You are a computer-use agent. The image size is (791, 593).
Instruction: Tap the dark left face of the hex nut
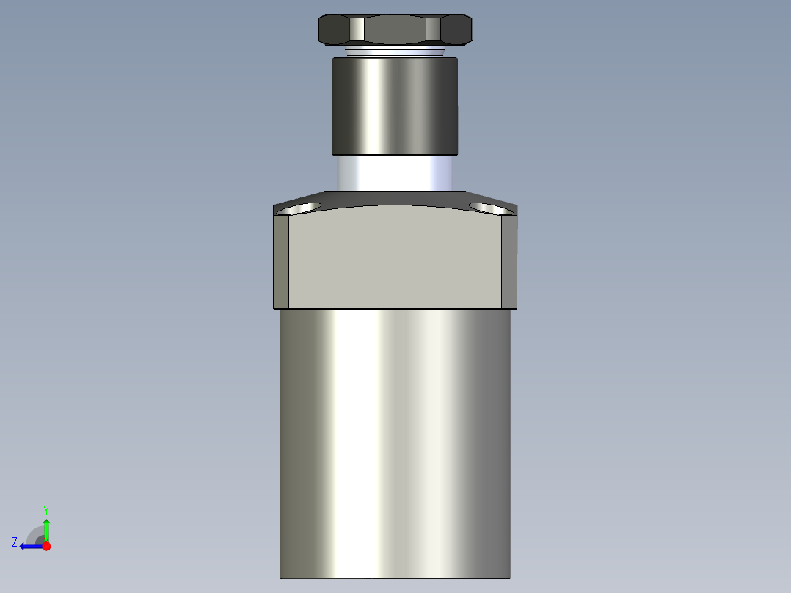pos(334,29)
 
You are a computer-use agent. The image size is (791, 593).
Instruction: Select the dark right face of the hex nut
pos(456,29)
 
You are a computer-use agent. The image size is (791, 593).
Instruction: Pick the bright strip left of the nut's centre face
pos(357,29)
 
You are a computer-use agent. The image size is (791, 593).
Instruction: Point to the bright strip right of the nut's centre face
pos(432,29)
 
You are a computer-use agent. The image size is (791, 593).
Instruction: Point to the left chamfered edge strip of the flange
pos(281,261)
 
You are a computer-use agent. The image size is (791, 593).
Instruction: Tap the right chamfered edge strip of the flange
pos(509,261)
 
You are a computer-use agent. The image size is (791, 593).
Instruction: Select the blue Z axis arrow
pos(29,546)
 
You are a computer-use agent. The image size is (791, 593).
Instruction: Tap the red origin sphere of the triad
pos(46,546)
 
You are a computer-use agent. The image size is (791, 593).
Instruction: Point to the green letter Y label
pos(45,509)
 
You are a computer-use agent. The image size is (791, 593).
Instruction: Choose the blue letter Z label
pos(15,542)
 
